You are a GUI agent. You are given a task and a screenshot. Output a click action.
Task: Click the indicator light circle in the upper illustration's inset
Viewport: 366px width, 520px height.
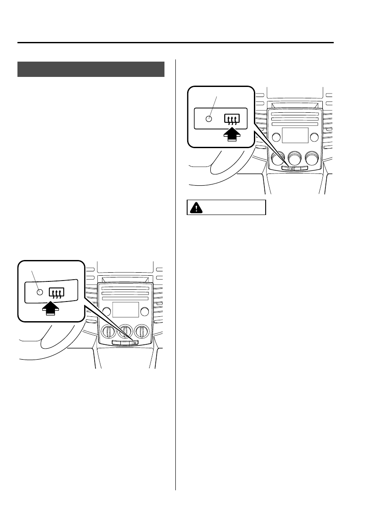[x=209, y=119]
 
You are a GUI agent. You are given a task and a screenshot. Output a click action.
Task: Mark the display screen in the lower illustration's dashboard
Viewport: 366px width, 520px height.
[x=126, y=310]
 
